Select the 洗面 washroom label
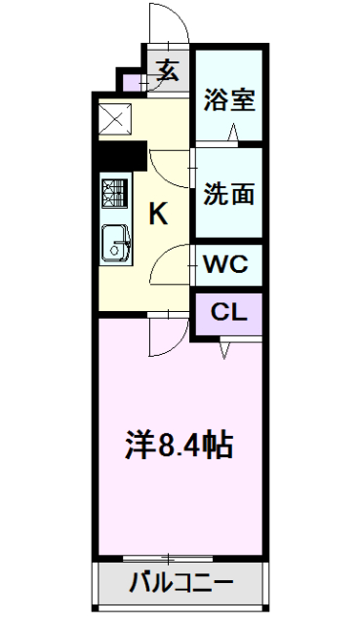coord(229,192)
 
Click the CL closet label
coord(227,313)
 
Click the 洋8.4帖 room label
coord(180,446)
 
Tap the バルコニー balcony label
coord(181,587)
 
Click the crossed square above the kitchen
coord(116,121)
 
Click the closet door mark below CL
coord(225,346)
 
